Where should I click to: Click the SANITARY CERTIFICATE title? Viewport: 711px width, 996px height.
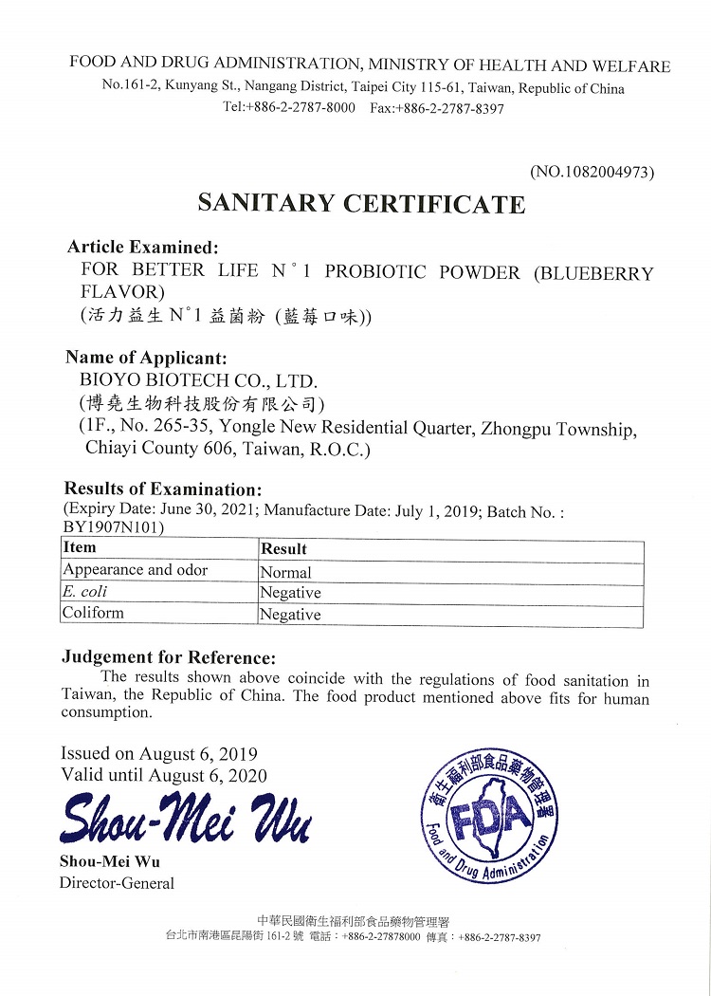[360, 204]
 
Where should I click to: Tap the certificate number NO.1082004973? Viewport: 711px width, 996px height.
[592, 172]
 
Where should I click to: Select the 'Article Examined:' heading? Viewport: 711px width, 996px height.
[143, 248]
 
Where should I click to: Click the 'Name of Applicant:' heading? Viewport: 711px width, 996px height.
[146, 358]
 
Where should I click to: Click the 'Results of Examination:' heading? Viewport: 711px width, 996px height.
[162, 489]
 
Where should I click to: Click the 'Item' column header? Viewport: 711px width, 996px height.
[79, 547]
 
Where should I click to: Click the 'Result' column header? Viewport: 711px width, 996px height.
[284, 548]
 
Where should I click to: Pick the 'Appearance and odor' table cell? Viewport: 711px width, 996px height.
[135, 570]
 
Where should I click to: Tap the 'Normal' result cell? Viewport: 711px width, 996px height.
[286, 572]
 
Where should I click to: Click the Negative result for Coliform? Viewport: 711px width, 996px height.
[291, 615]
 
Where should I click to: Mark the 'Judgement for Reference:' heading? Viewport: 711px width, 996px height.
[169, 657]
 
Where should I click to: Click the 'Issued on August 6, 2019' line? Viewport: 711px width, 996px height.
[159, 754]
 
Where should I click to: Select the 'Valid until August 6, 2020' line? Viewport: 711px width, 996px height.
[164, 775]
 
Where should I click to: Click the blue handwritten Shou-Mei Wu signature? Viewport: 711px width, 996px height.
[185, 821]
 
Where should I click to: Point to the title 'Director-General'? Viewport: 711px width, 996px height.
[118, 883]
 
